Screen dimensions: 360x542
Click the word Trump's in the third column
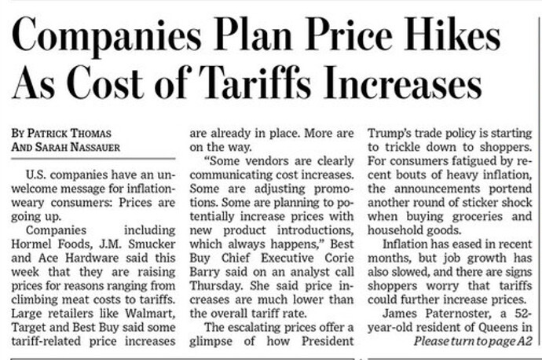coord(394,134)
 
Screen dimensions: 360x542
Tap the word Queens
coord(501,325)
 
